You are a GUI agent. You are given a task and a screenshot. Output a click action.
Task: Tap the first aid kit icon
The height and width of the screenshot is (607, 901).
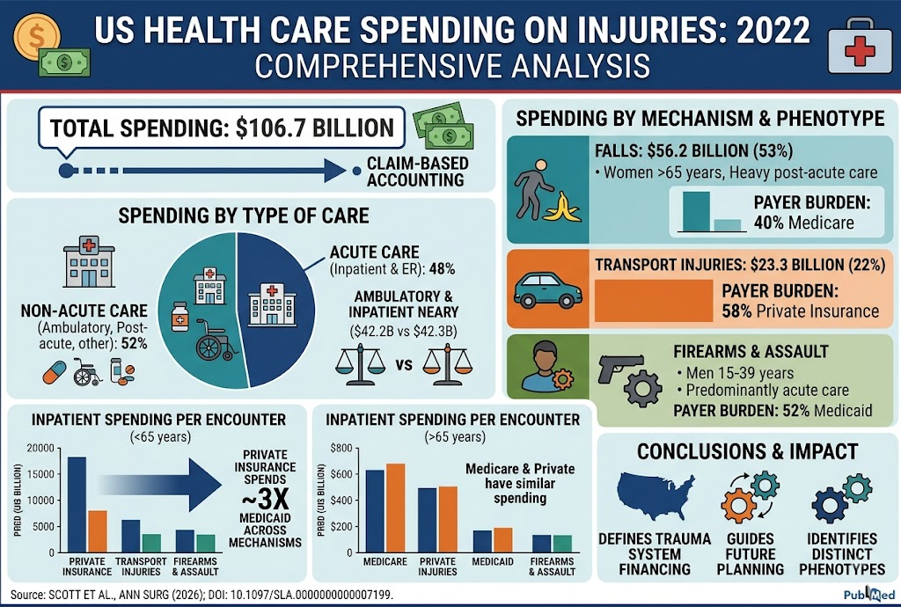pyautogui.click(x=860, y=48)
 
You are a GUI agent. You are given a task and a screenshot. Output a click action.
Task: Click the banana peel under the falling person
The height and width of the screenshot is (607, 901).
pyautogui.click(x=562, y=208)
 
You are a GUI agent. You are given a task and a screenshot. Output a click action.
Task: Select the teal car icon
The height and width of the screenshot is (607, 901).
pyautogui.click(x=547, y=290)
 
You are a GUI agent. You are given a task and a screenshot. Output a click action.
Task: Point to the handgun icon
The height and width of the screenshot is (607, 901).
pyautogui.click(x=620, y=368)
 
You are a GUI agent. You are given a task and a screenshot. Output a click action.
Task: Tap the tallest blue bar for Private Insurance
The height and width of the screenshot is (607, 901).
pyautogui.click(x=77, y=505)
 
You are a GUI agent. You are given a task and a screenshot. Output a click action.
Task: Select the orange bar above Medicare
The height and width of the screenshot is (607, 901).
pyautogui.click(x=395, y=508)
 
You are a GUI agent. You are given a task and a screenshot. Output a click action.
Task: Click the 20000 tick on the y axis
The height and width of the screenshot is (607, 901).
pyautogui.click(x=42, y=448)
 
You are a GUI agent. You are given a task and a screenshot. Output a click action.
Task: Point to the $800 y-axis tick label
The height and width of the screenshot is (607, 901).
pyautogui.click(x=341, y=448)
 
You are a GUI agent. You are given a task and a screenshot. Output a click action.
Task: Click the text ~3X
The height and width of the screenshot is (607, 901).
pyautogui.click(x=265, y=500)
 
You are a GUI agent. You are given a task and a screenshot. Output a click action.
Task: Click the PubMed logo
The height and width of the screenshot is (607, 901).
pyautogui.click(x=868, y=594)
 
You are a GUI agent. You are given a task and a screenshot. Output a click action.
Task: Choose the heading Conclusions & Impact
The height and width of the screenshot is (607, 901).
pyautogui.click(x=748, y=451)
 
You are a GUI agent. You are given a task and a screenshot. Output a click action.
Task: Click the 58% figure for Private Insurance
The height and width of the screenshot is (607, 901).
pyautogui.click(x=736, y=311)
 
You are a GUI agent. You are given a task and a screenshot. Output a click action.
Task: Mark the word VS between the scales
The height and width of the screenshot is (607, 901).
pyautogui.click(x=404, y=365)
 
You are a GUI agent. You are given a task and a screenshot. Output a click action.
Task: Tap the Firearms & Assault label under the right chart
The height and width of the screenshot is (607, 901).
pyautogui.click(x=552, y=567)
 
